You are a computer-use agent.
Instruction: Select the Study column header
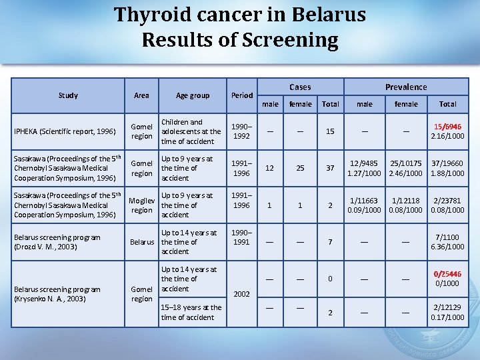pos(68,95)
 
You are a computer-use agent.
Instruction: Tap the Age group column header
pos(192,95)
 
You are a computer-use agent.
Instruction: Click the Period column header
pos(241,95)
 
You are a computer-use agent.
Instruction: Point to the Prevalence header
pos(406,87)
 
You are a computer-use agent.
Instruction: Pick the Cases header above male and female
pos(300,87)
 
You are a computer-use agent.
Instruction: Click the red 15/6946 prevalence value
pos(447,127)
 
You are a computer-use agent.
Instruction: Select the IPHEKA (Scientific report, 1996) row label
pos(55,131)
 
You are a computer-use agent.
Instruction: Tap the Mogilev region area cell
pos(141,205)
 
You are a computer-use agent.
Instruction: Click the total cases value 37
pos(330,168)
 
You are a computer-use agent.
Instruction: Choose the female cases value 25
pos(300,168)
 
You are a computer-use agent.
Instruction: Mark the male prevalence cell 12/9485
pos(365,163)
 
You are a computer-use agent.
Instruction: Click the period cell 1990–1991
pos(241,237)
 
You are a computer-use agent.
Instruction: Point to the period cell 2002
pos(241,294)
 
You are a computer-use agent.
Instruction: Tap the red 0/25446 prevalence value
pos(447,274)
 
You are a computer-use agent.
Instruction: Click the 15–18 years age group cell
pos(191,312)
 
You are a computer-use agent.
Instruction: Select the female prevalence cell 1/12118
pos(406,200)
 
